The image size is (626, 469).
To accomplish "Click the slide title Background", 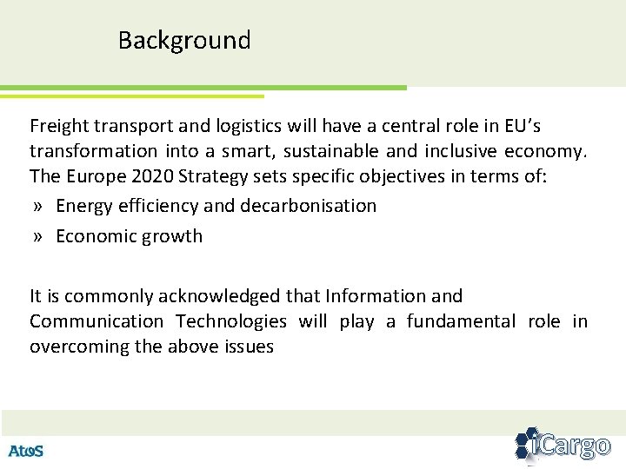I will point(184,41).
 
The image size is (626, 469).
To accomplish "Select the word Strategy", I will point(223,176).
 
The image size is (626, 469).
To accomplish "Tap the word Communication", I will point(97,321).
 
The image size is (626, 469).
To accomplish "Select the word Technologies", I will point(231,321).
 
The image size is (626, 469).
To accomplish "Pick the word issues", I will point(250,347).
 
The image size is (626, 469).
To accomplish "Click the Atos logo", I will point(26,451).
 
